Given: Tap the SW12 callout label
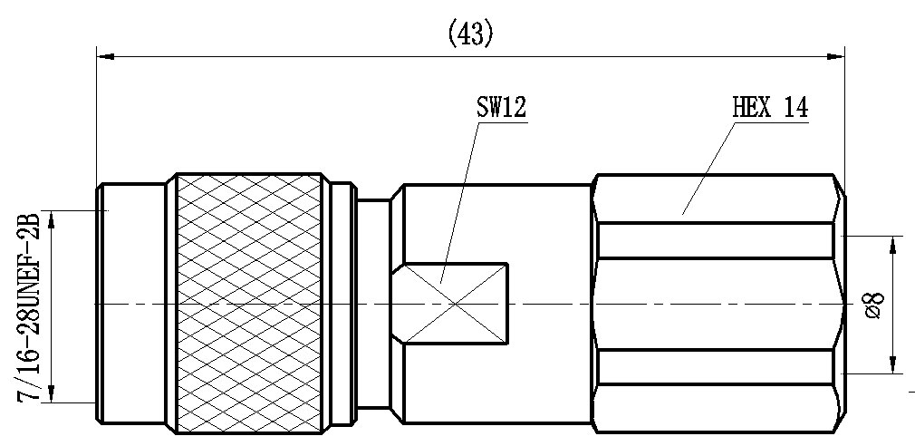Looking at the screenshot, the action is (x=501, y=108).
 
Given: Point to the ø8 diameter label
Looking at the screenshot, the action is (x=873, y=305).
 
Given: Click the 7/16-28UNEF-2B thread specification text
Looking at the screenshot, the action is (x=28, y=306).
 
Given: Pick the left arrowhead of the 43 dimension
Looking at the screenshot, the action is (x=105, y=56).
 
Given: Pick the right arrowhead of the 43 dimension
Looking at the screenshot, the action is (x=835, y=56).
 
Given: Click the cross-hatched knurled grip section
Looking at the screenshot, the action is (x=249, y=304).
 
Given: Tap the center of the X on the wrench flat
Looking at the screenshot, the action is (x=455, y=304).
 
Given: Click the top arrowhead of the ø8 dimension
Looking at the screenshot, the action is (x=893, y=245).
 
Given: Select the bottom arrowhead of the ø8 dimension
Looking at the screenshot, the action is (x=893, y=364).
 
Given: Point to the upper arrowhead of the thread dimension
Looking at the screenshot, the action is (x=52, y=219).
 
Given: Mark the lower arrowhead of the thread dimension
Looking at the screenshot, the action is (x=52, y=393).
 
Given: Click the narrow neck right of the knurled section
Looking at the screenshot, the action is (x=373, y=304).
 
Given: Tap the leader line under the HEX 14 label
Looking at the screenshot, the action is (x=708, y=167).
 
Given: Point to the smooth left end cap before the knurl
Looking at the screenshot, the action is (x=131, y=304).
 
